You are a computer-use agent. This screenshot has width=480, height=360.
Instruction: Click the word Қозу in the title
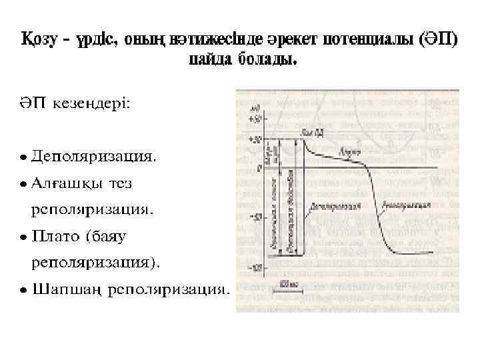coord(41,39)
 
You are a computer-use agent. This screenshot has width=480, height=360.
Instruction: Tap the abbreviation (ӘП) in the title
coord(437,39)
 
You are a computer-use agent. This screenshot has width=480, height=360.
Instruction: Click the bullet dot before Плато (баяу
coord(23,237)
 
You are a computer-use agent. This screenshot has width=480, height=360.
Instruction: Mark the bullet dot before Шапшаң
coord(23,290)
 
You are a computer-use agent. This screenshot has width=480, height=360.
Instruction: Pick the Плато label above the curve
coord(346,153)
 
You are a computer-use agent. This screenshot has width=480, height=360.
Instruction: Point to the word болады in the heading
coord(266,61)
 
